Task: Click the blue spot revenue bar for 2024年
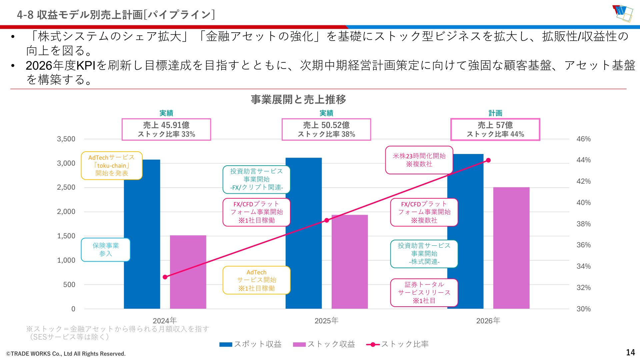pos(142,234)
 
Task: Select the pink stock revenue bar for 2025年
pos(350,262)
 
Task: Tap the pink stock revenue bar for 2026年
pos(511,248)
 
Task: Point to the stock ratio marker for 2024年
pos(165,277)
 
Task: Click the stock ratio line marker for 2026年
pos(488,160)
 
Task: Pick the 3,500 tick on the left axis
pos(66,139)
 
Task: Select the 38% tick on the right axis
pos(584,224)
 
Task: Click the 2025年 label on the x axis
pos(326,321)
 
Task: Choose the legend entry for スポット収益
pos(250,344)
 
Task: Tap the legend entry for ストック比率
pos(397,344)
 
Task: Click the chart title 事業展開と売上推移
pos(298,99)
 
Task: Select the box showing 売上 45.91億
pos(166,129)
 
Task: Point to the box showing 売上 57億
pos(495,129)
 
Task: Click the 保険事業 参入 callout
pos(106,250)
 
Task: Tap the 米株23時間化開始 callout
pos(419,160)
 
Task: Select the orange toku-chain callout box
pos(112,166)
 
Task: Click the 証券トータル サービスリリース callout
pos(424,293)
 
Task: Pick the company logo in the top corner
pos(622,13)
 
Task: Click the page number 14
pos(630,353)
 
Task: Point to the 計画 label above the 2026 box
pos(495,113)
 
